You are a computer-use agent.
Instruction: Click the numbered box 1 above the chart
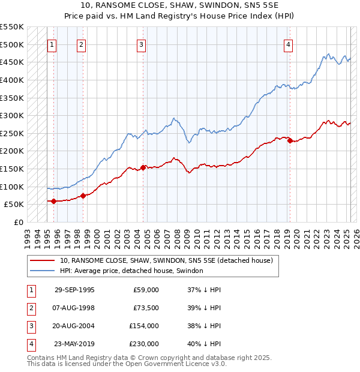pos(52,44)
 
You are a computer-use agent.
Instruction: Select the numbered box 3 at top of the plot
pos(141,44)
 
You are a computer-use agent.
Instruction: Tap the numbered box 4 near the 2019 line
pos(289,44)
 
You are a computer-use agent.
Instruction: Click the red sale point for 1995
pos(54,201)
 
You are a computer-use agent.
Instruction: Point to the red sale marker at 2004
pos(143,167)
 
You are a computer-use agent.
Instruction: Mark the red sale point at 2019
pos(290,140)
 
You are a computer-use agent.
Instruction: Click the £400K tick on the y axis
pos(12,80)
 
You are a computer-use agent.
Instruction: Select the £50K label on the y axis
pos(14,205)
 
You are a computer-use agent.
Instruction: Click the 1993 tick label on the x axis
pos(28,235)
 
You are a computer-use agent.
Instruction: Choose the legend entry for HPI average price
pos(131,271)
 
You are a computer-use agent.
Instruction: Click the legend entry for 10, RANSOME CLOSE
pos(166,260)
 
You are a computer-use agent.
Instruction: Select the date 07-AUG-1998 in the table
pos(74,308)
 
